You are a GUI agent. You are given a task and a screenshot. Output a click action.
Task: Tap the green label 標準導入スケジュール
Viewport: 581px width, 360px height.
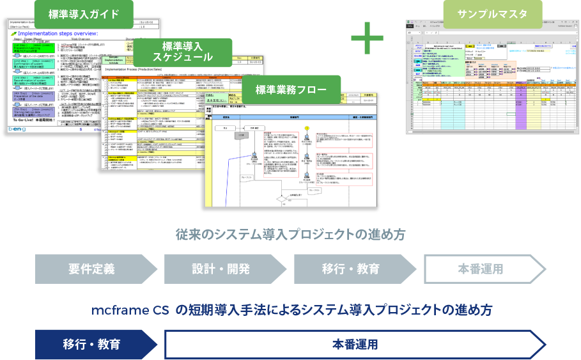click(x=187, y=52)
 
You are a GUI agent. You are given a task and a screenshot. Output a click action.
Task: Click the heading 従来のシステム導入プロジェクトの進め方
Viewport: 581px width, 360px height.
click(x=290, y=235)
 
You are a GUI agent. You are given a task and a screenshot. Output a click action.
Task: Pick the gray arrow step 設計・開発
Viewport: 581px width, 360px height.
click(x=221, y=269)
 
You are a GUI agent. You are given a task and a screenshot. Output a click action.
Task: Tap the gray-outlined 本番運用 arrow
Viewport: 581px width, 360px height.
click(x=481, y=269)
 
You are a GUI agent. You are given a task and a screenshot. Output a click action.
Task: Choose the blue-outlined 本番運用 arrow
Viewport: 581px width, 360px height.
click(x=355, y=345)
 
